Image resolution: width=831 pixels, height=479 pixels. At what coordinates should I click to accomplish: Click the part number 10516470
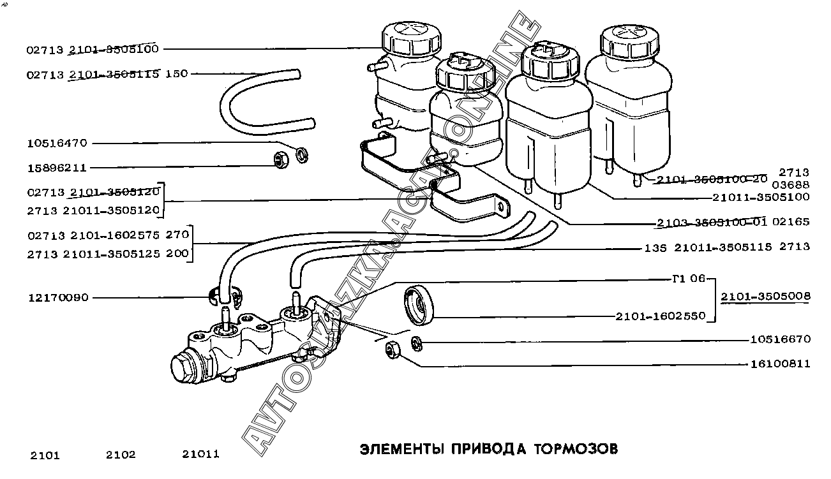click(x=57, y=144)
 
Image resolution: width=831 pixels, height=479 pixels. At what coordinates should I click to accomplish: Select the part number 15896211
click(x=57, y=168)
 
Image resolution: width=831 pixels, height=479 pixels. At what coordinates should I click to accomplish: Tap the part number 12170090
click(x=59, y=298)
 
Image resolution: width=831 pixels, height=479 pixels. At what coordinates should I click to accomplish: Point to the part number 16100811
click(x=780, y=364)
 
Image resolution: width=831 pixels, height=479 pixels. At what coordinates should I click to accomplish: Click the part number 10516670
click(x=780, y=339)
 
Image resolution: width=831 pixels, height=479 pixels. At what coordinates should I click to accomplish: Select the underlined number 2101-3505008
click(x=766, y=296)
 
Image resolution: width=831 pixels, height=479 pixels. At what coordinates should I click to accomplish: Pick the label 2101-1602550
click(x=661, y=316)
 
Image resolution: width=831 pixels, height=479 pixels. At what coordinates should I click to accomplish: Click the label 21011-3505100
click(x=761, y=197)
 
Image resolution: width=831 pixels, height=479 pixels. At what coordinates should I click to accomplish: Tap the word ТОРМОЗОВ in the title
click(x=576, y=449)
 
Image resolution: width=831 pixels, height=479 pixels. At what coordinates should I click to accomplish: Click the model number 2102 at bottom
click(x=121, y=455)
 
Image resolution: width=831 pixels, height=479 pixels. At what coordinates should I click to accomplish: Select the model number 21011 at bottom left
click(x=200, y=454)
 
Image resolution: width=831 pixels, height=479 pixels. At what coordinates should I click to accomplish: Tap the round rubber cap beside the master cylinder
click(x=419, y=306)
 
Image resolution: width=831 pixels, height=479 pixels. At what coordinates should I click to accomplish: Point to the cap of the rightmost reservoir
click(x=629, y=42)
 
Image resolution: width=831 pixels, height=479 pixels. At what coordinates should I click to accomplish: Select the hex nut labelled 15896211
click(x=281, y=161)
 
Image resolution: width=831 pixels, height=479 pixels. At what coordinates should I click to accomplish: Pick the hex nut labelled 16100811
click(x=393, y=350)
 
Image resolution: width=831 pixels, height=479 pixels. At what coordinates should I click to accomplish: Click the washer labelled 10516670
click(x=417, y=344)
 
